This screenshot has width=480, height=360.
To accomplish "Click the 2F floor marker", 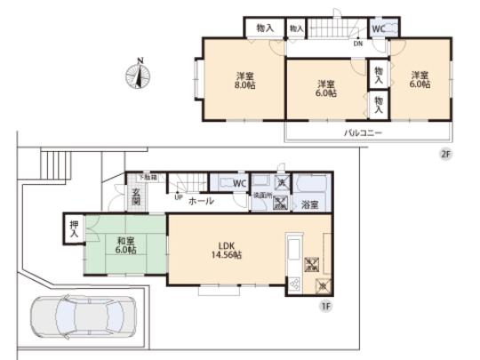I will [x=445, y=152].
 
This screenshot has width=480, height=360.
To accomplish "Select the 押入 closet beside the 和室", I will [x=72, y=230].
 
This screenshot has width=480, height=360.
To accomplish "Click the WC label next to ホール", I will [x=238, y=184].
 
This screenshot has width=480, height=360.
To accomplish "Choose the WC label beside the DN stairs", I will [x=377, y=28].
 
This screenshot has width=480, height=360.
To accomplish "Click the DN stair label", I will [x=356, y=43].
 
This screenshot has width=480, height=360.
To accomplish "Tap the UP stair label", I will [x=180, y=197].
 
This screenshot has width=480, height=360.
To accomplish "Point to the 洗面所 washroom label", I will [x=263, y=195].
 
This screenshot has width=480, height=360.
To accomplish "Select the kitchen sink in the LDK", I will [x=294, y=250].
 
